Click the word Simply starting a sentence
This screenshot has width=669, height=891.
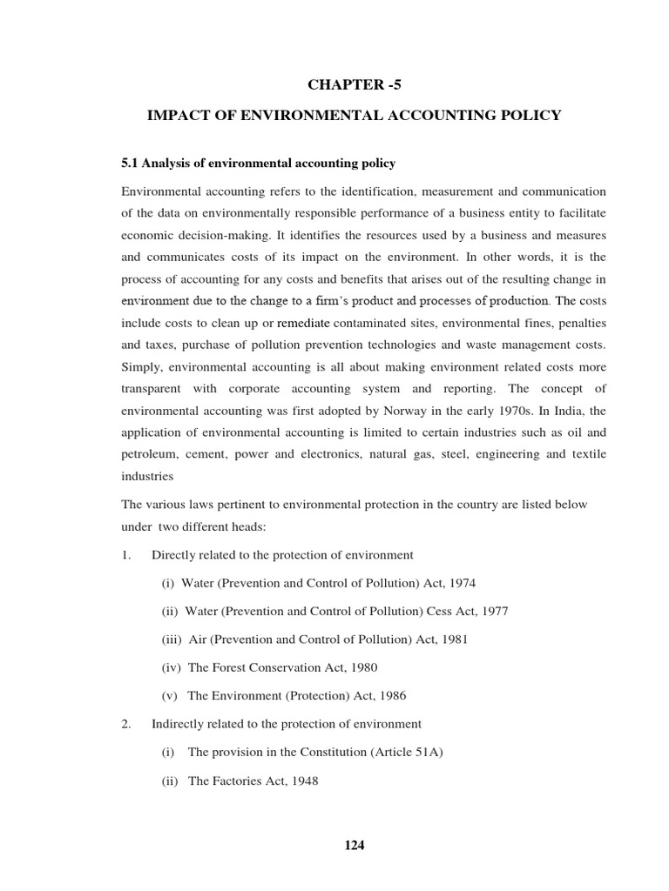point(142,366)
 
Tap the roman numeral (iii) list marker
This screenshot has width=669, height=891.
point(171,639)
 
